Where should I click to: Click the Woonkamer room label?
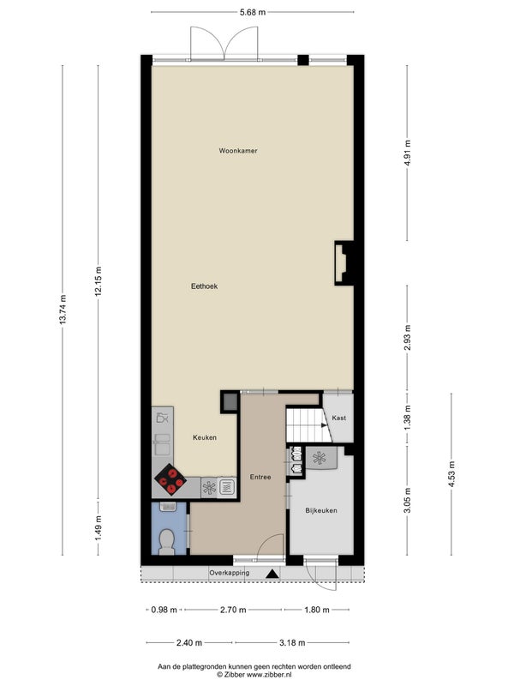coord(238,151)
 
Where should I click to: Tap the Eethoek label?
coord(204,286)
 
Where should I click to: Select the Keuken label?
coord(205,437)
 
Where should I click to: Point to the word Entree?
coord(260,477)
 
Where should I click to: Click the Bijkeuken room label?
coord(321,510)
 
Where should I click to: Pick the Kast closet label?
coord(338,418)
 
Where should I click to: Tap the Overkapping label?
coord(229,573)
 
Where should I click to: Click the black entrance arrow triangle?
coord(272,574)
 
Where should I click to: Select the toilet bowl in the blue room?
coord(167,541)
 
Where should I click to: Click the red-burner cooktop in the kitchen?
coord(170,479)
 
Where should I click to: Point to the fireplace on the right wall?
coord(344,263)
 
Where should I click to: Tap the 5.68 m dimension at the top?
coord(253,12)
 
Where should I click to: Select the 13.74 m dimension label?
coord(63,310)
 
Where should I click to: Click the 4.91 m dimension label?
coord(408,153)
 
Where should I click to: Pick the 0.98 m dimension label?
coord(164,610)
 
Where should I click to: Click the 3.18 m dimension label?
coord(292,642)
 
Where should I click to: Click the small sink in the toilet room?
coord(168,507)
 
